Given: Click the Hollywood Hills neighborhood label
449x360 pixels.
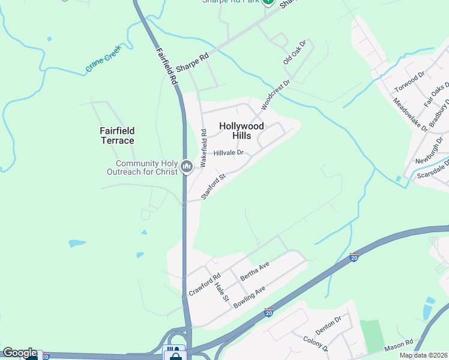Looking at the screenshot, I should point(241,131).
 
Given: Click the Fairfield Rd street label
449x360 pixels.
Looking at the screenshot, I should point(169,66).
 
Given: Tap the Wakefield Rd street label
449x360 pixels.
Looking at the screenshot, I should point(203,148).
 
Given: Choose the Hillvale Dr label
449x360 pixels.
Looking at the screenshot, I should point(228,153).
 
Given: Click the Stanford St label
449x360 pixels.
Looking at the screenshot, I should point(213,187).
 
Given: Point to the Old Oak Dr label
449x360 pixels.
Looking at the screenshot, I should point(295,53).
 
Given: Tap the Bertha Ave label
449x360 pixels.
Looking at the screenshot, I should point(255,272).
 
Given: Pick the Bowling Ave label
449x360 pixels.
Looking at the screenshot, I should point(249,298).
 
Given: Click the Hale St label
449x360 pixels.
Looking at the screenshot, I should point(221,292).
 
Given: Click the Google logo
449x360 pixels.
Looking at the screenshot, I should point(19,353).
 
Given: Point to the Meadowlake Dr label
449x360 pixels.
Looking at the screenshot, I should point(411,115).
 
